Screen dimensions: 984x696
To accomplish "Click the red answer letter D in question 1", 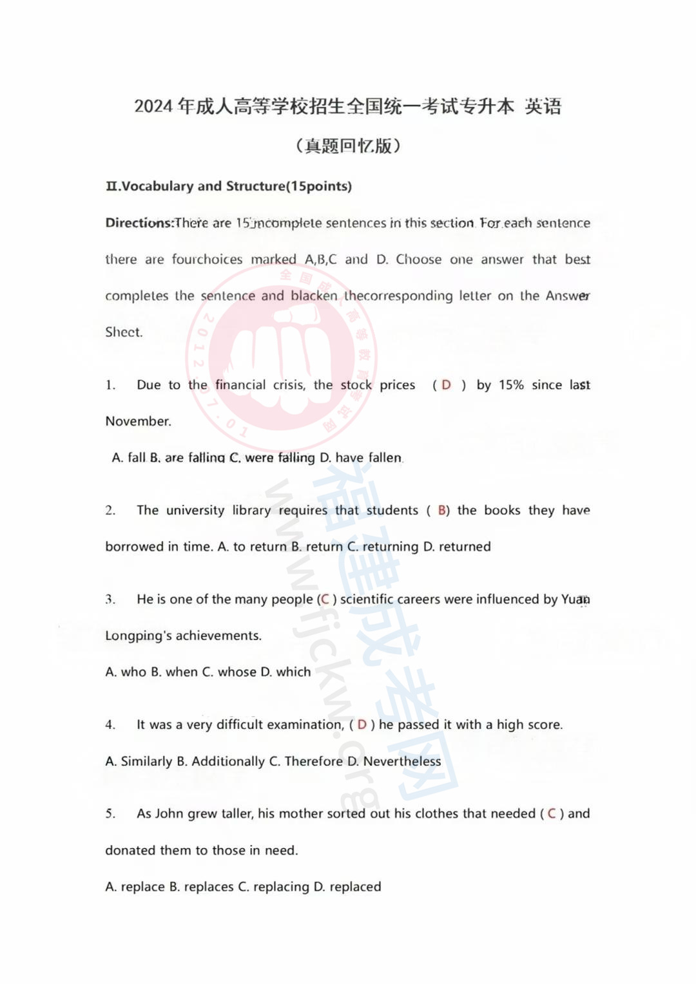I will tap(446, 385).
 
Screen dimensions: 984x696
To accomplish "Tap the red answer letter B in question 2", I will tap(442, 511).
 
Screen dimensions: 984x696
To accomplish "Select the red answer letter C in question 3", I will tap(325, 600).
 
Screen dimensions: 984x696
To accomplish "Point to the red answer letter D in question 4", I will tap(362, 725).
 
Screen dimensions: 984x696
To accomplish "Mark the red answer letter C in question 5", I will tap(552, 814).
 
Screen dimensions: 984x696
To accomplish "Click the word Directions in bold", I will tap(139, 223).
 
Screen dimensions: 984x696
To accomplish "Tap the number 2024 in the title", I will tap(154, 106).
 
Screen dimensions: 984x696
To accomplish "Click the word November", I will tap(138, 422).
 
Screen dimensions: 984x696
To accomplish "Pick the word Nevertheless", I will tap(402, 762).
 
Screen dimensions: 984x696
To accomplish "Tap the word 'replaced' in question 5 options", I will tap(355, 887).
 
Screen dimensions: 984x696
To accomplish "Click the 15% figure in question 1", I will tap(511, 385).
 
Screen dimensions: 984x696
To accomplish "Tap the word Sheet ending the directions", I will tap(124, 332).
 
